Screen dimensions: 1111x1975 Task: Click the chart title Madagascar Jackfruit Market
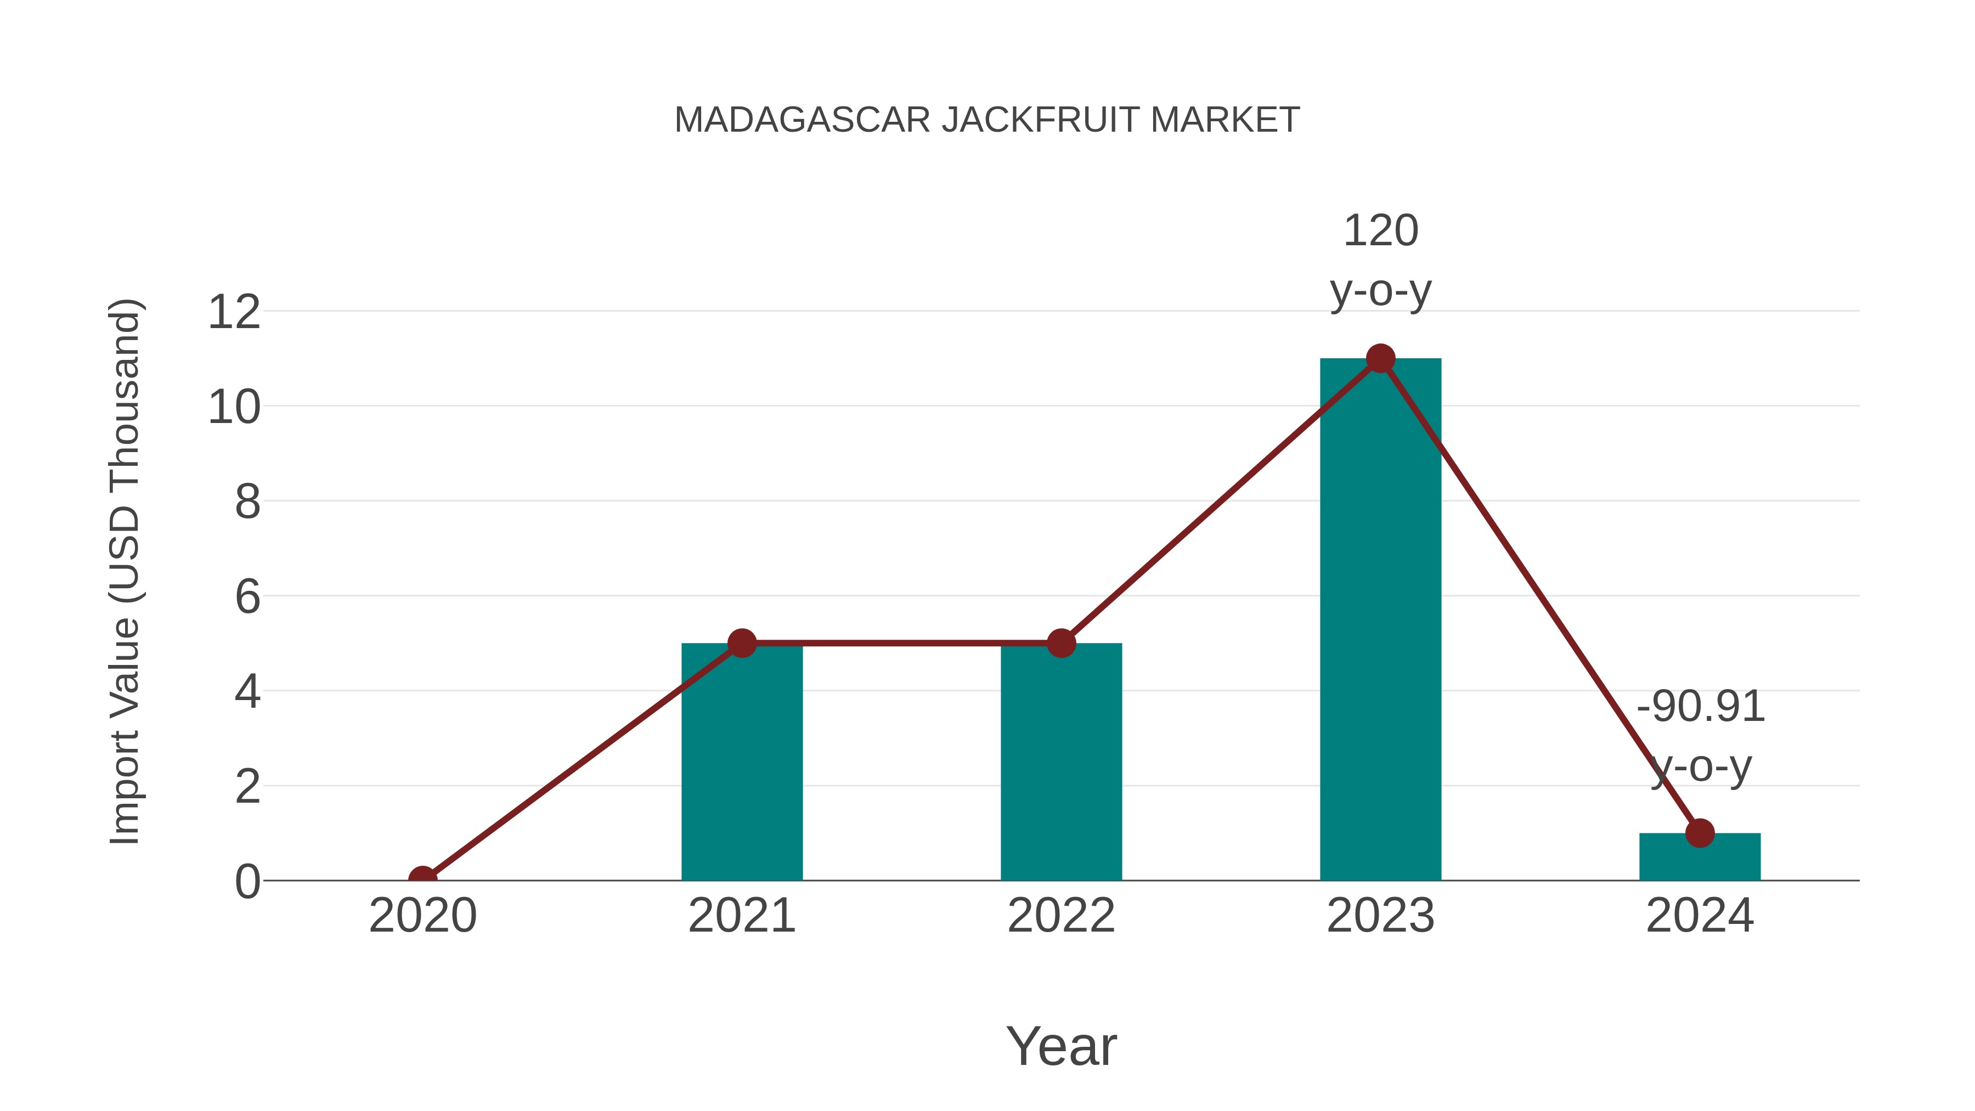(987, 120)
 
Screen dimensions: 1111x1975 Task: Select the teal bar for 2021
(741, 767)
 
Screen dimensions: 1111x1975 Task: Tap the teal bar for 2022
(1061, 767)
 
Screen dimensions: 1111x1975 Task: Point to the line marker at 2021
(741, 644)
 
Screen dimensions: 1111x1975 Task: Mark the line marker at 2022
(1061, 644)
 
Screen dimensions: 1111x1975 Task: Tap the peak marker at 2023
(1380, 358)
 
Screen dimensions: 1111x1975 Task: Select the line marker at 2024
(1700, 833)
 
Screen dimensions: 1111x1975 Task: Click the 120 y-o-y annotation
(1380, 261)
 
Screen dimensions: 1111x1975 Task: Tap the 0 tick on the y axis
(247, 882)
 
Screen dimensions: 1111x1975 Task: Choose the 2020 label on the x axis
(422, 916)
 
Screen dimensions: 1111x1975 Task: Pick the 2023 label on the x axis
(1380, 916)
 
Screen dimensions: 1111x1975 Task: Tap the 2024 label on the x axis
(1700, 916)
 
